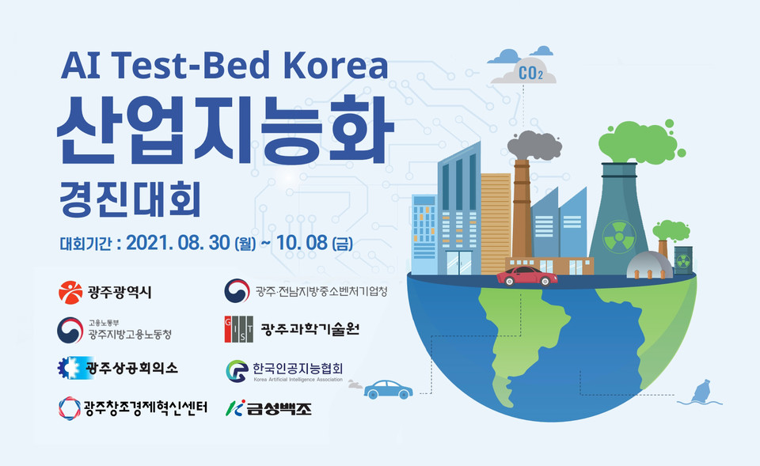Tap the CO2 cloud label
[x=530, y=73]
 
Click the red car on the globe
[x=526, y=276]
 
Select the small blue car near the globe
[x=388, y=389]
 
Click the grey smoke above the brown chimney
[x=534, y=146]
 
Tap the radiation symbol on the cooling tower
[x=619, y=237]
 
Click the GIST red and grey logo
[x=238, y=329]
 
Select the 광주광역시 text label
[x=120, y=292]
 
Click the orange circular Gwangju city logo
[x=70, y=292]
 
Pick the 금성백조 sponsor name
[x=279, y=408]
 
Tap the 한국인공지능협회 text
[x=298, y=369]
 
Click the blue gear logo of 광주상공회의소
[x=70, y=368]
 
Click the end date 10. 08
[x=302, y=243]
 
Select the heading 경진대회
[x=130, y=199]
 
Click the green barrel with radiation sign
[x=683, y=260]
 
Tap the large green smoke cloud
[x=639, y=142]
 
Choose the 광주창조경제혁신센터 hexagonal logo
[x=70, y=408]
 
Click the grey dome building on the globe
[x=649, y=266]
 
